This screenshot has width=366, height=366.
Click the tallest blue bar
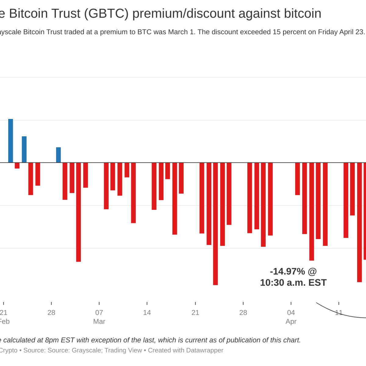tap(11, 141)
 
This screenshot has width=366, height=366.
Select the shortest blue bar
tap(58, 155)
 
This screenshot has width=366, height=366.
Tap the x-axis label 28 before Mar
tap(51, 313)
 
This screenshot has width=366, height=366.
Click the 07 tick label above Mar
tap(99, 313)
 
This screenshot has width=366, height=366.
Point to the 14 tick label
tap(147, 313)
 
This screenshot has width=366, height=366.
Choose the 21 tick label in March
tap(195, 313)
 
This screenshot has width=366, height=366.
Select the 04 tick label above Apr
tap(291, 313)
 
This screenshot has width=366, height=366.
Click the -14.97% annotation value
tap(287, 271)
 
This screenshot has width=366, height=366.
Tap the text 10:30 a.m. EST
tap(293, 283)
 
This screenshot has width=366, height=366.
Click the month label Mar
tap(99, 321)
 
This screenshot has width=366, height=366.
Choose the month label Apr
tap(291, 321)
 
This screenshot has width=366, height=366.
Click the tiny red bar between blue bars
tap(17, 166)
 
